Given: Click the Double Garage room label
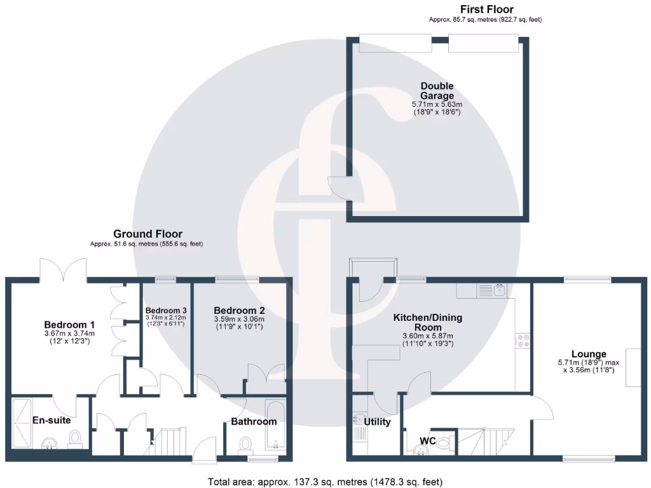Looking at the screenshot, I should (x=437, y=91).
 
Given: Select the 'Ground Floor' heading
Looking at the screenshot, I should (x=147, y=234).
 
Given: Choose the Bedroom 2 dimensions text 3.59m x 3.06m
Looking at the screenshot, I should (x=239, y=319).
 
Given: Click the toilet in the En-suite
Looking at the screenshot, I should (x=76, y=437).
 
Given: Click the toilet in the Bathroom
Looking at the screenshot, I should (x=246, y=442).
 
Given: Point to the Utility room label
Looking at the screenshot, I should (x=377, y=422).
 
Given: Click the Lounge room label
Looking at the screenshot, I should (x=588, y=354).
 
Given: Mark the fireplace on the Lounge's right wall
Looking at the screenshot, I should (x=633, y=367).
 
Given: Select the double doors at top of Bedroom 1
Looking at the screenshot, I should (x=63, y=269).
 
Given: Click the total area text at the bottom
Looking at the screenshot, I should (x=325, y=481).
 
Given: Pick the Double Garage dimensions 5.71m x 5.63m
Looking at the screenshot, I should (x=437, y=104).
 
